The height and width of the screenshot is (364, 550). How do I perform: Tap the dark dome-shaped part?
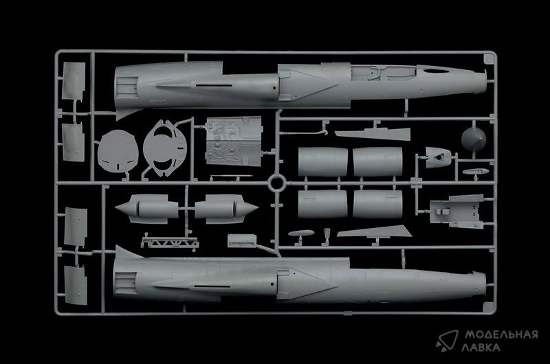click(x=474, y=139)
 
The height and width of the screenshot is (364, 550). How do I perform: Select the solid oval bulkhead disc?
click(x=118, y=151)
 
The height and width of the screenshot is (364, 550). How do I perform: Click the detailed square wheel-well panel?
click(x=234, y=141)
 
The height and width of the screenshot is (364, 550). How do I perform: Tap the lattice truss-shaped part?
click(x=170, y=242)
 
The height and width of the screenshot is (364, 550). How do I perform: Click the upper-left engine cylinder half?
click(x=322, y=161)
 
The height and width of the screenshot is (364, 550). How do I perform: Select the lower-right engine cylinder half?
click(x=377, y=204)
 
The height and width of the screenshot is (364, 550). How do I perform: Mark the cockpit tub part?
click(x=456, y=212)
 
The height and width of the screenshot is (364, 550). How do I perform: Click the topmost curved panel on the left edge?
click(x=74, y=81)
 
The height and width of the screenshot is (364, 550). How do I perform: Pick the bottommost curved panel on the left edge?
click(x=76, y=285)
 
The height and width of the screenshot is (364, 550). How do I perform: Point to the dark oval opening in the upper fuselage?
click(x=436, y=71)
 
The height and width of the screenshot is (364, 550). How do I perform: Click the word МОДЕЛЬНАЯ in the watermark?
click(x=501, y=335)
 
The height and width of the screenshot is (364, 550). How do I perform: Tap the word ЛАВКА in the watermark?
click(x=481, y=348)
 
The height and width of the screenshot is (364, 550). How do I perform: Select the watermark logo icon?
click(x=448, y=341)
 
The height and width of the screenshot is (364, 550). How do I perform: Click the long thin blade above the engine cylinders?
click(x=373, y=134)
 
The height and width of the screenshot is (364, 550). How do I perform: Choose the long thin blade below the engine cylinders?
click(x=374, y=231)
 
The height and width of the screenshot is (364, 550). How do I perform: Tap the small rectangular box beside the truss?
click(x=242, y=240)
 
